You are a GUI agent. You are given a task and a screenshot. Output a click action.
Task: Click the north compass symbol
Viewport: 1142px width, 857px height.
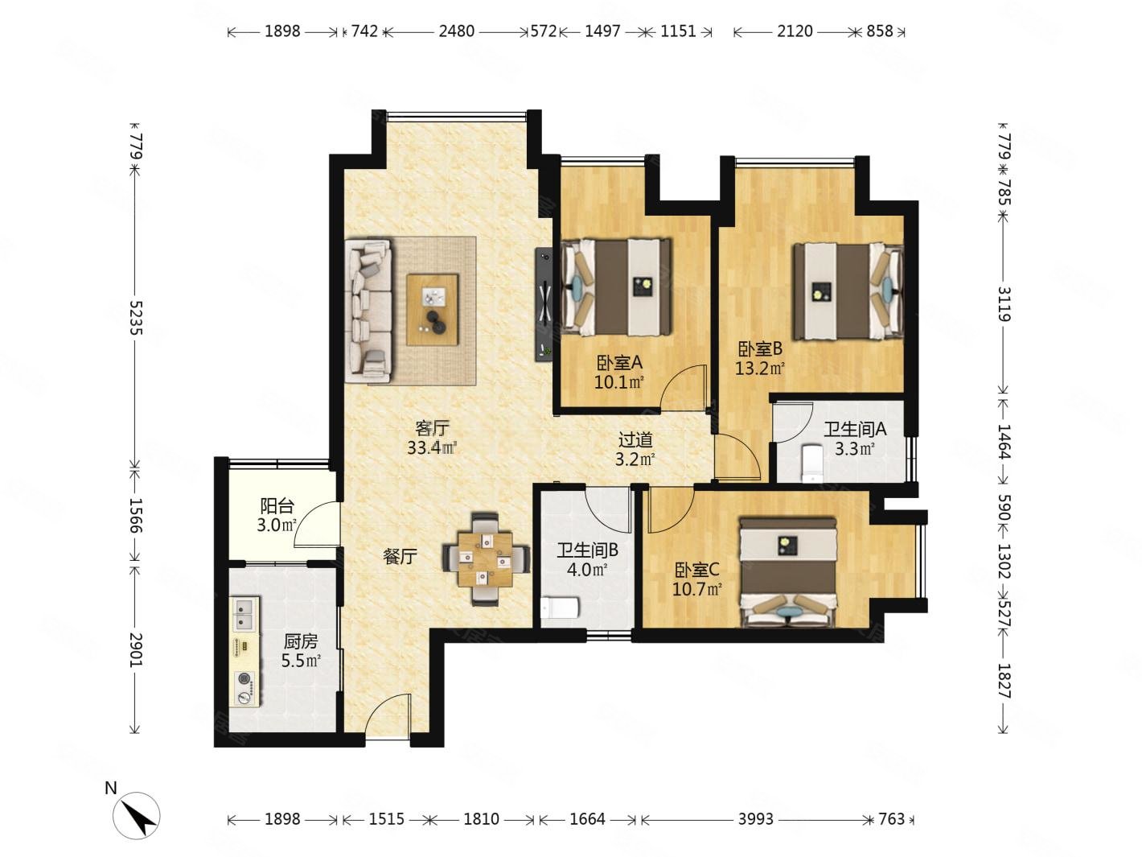coord(137,815)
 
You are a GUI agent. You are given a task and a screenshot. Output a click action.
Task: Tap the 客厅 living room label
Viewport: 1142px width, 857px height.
coord(431,428)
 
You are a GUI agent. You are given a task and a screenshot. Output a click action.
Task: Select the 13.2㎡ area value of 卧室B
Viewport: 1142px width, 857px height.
coord(759,369)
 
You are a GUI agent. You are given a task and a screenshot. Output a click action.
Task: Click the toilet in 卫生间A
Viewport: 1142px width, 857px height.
coord(812,463)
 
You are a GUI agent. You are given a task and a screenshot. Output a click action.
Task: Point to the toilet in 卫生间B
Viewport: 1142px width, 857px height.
coord(560,608)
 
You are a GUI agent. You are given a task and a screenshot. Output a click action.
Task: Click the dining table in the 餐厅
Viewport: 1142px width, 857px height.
coord(486,559)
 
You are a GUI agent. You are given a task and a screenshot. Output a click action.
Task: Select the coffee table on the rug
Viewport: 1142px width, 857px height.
coord(433,309)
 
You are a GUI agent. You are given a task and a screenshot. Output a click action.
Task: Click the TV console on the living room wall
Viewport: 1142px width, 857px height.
coord(544,304)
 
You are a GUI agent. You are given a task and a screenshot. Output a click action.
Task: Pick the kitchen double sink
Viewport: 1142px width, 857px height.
coord(244,613)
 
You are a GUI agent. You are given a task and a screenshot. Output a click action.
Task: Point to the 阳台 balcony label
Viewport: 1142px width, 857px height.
coord(277,505)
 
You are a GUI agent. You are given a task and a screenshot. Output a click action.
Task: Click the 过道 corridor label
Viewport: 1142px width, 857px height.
coord(635,440)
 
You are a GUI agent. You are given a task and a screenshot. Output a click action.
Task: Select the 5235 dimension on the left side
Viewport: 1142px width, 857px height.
coord(136,317)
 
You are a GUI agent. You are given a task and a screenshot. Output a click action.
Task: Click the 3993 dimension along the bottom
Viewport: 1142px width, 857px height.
coord(756,819)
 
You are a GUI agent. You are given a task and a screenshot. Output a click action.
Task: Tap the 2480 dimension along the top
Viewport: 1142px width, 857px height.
coord(456,31)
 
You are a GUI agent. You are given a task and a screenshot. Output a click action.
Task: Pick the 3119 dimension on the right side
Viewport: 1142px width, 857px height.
coord(1004,304)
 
